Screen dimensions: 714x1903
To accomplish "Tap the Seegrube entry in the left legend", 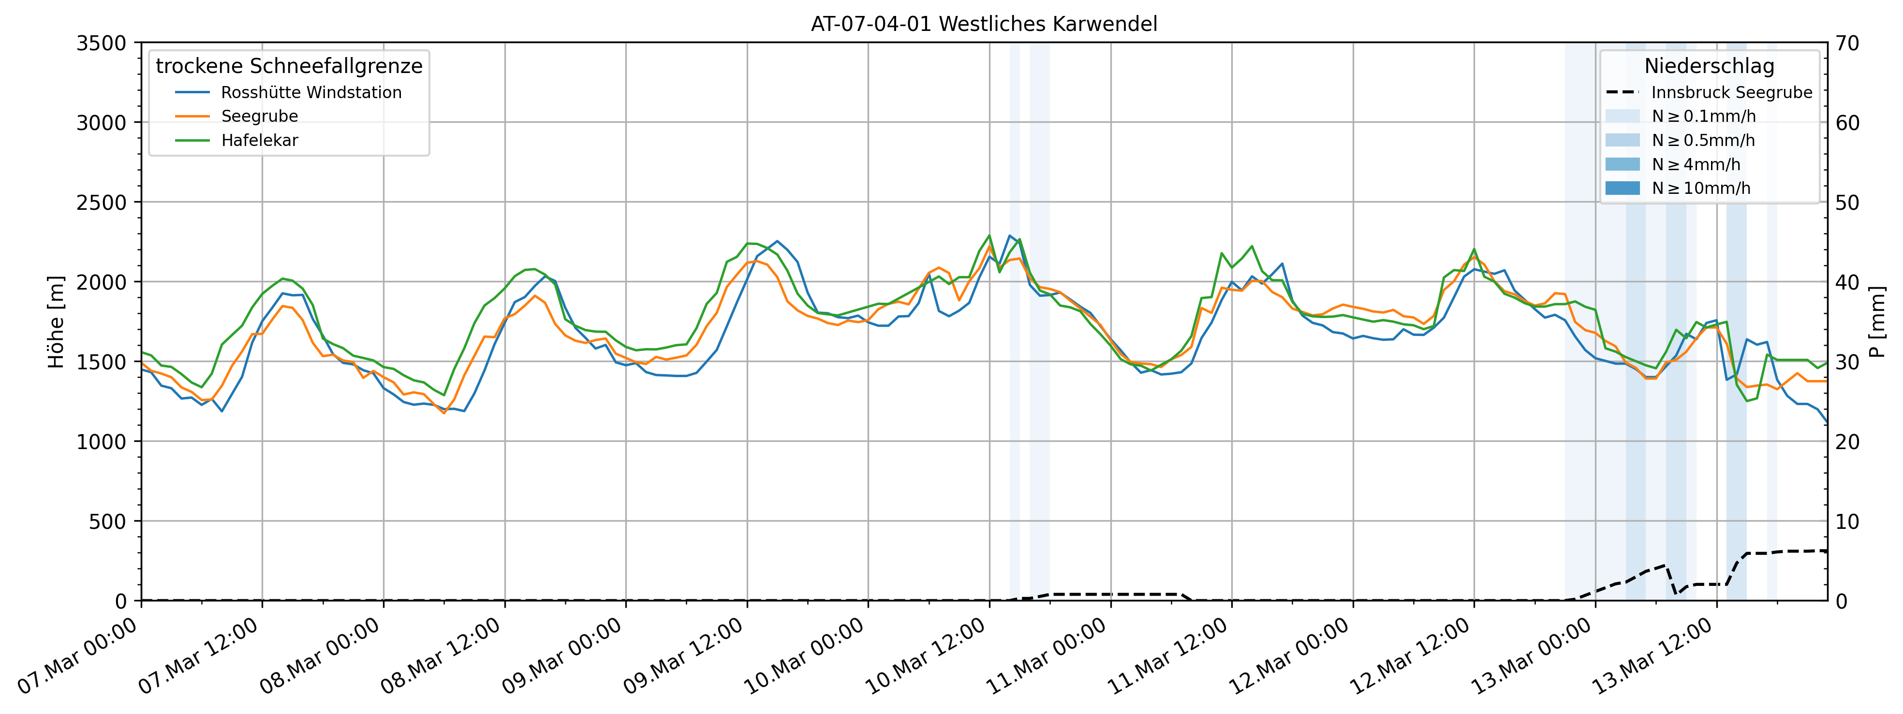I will [259, 117].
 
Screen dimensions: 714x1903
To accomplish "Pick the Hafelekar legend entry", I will [259, 140].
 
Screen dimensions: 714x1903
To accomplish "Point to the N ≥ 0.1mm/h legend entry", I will [1703, 117].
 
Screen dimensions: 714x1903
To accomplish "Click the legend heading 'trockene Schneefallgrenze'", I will [289, 66].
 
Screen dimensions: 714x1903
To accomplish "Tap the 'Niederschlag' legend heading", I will [1709, 66].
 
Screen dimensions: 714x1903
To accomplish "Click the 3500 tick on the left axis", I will [101, 44].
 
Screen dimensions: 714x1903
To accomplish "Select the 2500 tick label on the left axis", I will [101, 203].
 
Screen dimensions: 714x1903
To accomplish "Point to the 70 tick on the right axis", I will [1847, 44].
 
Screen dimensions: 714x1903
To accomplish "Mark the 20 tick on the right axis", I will [1847, 441].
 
